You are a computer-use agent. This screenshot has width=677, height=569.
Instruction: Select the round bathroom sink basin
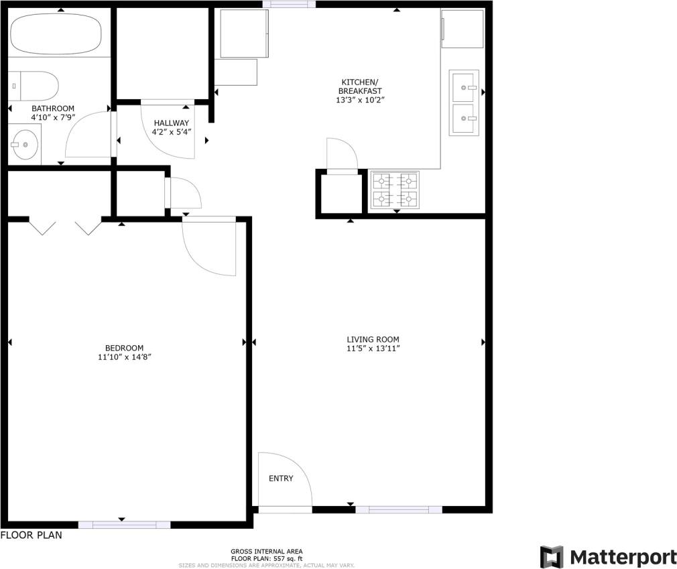click(x=25, y=144)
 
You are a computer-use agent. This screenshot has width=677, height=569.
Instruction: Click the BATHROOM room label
click(x=53, y=109)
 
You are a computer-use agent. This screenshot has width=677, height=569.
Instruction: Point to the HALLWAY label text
click(x=171, y=123)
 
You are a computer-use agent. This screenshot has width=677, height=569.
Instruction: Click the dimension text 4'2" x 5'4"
click(x=172, y=132)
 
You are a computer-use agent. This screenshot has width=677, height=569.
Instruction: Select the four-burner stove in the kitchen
click(x=395, y=190)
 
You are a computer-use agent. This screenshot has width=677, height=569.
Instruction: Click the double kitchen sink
click(x=465, y=103)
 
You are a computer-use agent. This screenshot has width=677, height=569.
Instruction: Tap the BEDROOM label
click(x=124, y=348)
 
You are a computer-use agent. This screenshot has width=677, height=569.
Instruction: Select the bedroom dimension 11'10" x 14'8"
click(x=124, y=357)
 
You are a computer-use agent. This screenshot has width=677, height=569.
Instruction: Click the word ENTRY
click(x=281, y=479)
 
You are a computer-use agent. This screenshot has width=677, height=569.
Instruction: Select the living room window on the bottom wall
click(x=398, y=510)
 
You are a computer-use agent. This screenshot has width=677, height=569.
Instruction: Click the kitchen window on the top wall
click(x=289, y=4)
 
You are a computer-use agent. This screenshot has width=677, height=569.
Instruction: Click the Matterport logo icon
click(x=552, y=557)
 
